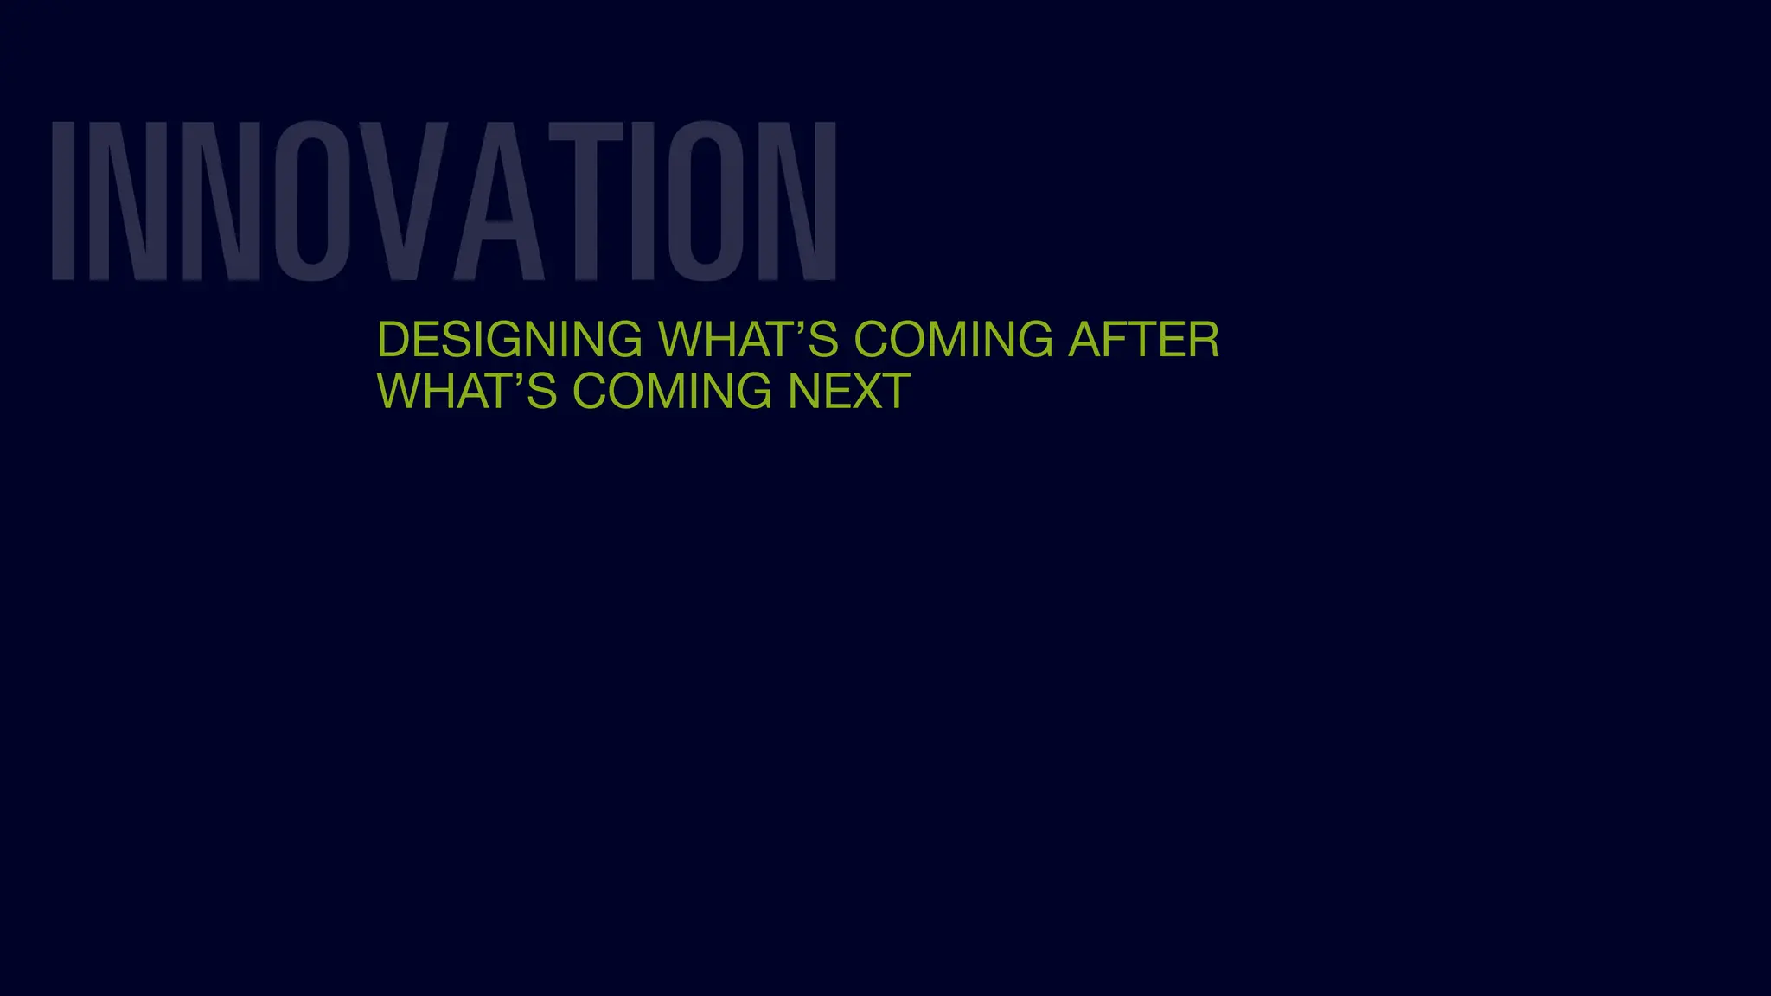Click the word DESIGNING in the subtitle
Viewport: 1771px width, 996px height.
point(509,339)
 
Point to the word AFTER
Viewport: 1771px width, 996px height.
point(1143,339)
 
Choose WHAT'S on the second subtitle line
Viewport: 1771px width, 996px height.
point(467,391)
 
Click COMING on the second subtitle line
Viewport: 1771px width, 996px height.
point(672,391)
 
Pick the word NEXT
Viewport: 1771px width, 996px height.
point(848,391)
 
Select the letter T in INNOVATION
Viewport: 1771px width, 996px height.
point(586,201)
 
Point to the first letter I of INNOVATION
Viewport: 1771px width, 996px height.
point(63,201)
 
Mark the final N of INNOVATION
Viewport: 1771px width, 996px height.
point(797,201)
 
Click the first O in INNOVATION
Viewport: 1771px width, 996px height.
point(313,201)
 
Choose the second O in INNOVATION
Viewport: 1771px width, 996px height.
point(706,201)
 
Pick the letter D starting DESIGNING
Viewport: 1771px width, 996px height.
point(393,339)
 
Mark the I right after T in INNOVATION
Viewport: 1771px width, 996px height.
point(643,201)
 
